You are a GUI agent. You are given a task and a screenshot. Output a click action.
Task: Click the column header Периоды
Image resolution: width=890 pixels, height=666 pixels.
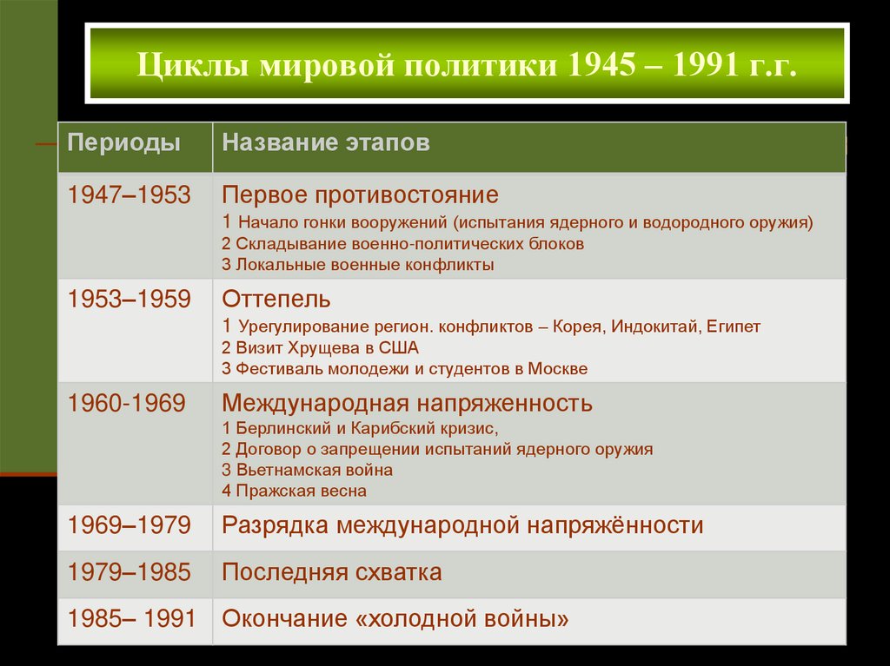(125, 143)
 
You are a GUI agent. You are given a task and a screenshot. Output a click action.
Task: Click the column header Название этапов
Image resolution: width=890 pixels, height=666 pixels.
(326, 143)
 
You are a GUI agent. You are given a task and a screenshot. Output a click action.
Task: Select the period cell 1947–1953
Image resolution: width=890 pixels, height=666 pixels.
(130, 195)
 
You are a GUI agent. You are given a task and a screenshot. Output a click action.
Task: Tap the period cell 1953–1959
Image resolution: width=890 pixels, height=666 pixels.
(130, 300)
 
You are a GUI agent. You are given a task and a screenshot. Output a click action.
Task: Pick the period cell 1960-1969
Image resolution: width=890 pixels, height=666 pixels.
(128, 403)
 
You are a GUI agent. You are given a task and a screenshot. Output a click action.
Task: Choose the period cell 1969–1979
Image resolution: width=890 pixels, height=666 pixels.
(130, 525)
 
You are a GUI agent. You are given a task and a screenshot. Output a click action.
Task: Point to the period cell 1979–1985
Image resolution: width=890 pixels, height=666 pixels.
(130, 573)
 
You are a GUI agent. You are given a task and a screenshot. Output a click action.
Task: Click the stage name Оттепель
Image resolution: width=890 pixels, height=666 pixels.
(276, 300)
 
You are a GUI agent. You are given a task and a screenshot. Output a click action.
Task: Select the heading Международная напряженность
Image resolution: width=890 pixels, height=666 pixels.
(408, 403)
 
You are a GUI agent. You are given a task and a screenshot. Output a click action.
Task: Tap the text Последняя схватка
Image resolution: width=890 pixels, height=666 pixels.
(332, 573)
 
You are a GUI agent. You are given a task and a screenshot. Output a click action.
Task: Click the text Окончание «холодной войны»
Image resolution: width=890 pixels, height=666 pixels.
(395, 620)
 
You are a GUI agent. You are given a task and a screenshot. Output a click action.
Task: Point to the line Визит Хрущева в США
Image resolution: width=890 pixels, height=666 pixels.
(321, 347)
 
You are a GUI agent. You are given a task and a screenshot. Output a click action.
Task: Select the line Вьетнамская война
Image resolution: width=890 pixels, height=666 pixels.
(308, 470)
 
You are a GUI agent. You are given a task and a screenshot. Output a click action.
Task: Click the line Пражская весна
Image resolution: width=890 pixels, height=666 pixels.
(295, 491)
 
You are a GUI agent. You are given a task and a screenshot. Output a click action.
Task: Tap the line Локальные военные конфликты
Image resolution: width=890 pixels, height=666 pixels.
(358, 265)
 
